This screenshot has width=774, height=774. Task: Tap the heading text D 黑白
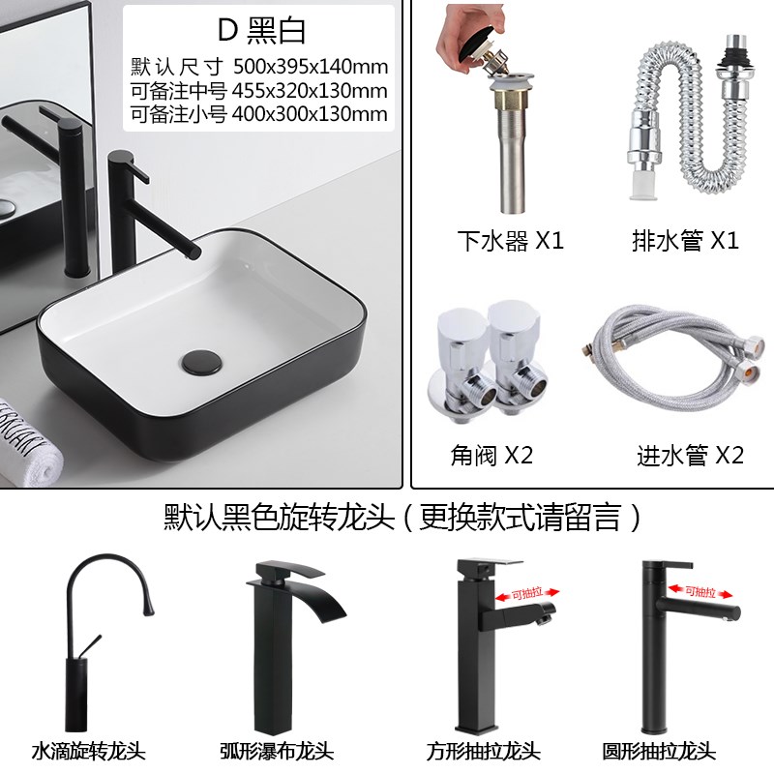pos(261,31)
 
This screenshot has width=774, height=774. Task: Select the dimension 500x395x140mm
pos(311,68)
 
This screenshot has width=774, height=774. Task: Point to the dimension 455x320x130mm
pos(311,91)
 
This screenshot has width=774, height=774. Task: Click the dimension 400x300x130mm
pos(311,114)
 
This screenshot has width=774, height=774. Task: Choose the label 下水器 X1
pos(510,241)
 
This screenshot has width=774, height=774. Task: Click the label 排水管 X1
pos(683,241)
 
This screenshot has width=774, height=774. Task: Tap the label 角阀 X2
pos(491,455)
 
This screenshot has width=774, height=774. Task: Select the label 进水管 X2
pos(690,455)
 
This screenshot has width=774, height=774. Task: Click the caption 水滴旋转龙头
pos(88,750)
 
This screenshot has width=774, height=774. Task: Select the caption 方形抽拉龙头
pos(484,750)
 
